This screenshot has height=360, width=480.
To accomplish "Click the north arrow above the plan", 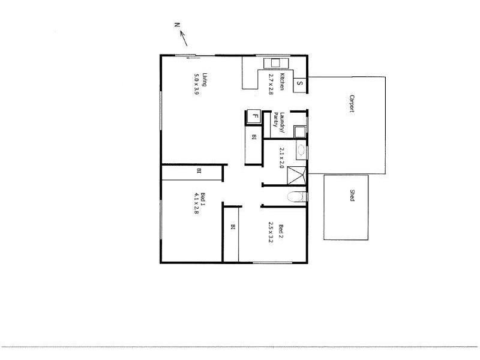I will click(x=184, y=39).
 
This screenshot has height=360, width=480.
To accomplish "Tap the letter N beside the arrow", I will click(x=177, y=25).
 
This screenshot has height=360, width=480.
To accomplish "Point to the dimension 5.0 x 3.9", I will click(x=196, y=84).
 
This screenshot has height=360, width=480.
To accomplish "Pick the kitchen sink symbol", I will click(x=276, y=63).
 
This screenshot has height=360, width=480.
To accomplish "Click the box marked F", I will click(x=254, y=116).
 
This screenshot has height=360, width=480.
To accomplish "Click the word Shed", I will click(x=352, y=195).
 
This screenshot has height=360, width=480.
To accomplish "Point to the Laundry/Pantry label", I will click(x=277, y=123).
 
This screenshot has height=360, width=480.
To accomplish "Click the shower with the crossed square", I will click(x=297, y=176).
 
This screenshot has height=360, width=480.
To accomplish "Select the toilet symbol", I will click(x=296, y=197).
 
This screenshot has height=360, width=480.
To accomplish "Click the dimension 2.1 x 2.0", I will click(x=281, y=157).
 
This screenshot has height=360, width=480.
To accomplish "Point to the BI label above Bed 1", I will click(x=199, y=172).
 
